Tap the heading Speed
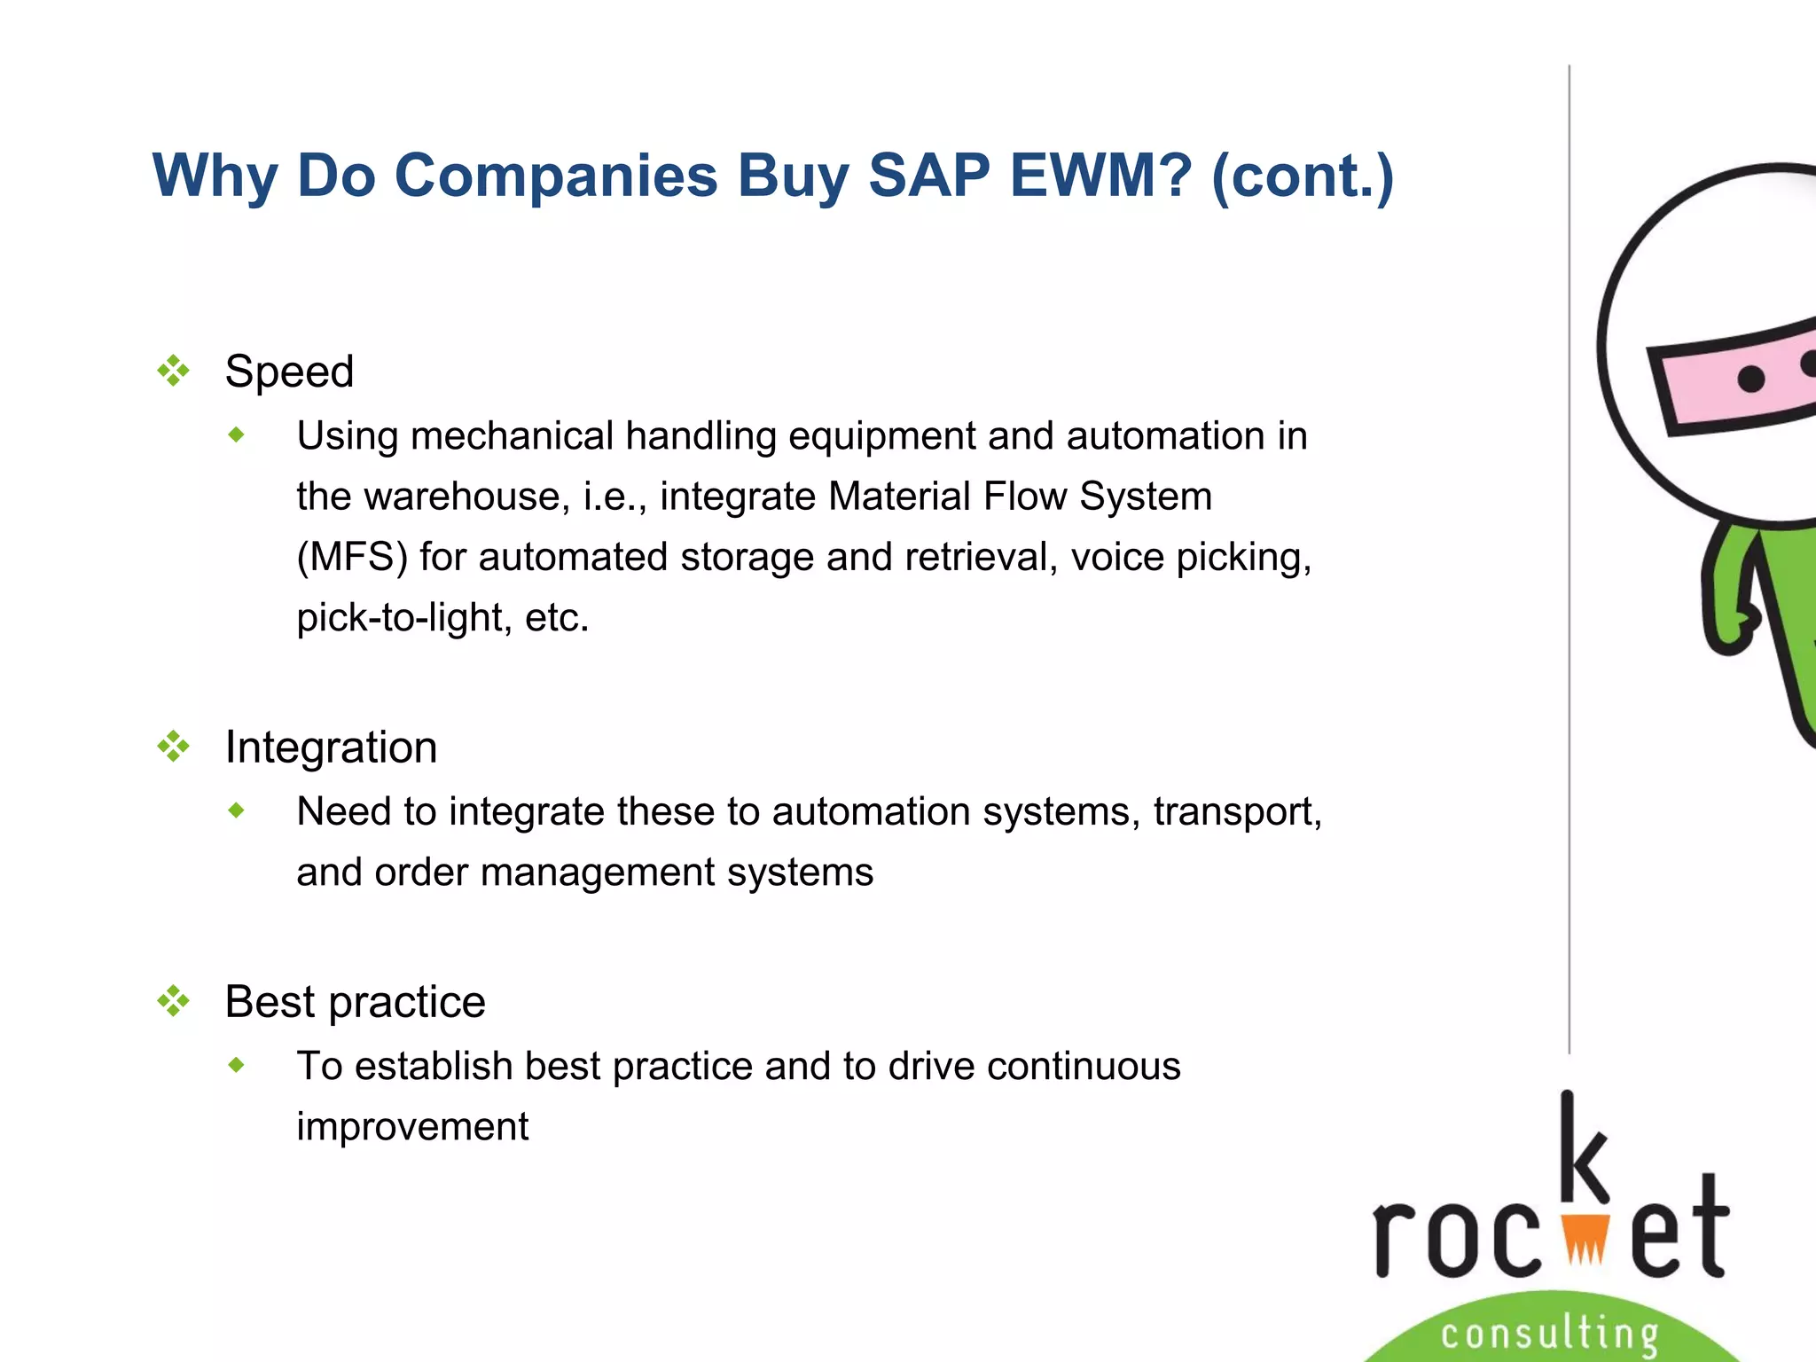tap(289, 372)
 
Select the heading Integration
tap(331, 748)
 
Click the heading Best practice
tap(355, 1002)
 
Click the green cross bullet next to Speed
tap(174, 371)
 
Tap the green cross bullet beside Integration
tap(174, 747)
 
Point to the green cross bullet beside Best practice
tap(174, 1001)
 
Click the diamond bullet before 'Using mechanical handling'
tap(236, 434)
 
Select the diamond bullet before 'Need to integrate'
tap(236, 810)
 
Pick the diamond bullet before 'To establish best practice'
tap(236, 1064)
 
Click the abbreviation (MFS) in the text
tap(352, 558)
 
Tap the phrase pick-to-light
tap(403, 618)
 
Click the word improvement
tap(412, 1127)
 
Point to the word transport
tap(1236, 812)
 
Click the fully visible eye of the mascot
tap(1750, 380)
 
